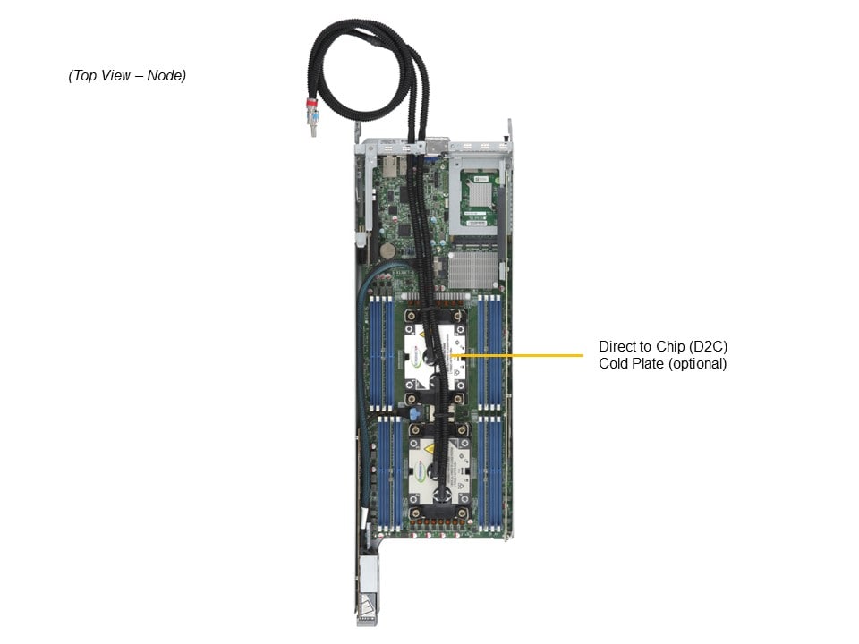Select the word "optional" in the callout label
[700, 364]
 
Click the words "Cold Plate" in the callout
[630, 364]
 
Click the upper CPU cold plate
[435, 354]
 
